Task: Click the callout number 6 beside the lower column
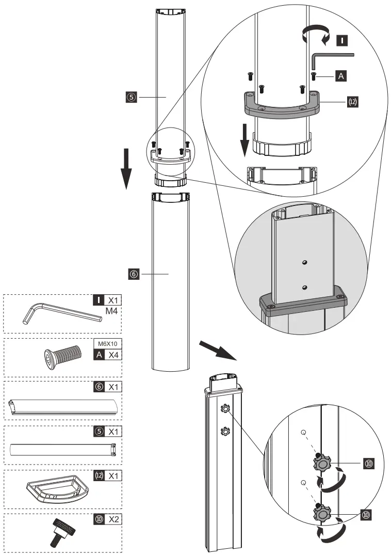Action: pos(134,275)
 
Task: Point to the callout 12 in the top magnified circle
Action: pos(352,102)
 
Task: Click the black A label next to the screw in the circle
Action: pos(340,76)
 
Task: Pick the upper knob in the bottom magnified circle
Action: pos(321,463)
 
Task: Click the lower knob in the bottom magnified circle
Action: pos(321,514)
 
